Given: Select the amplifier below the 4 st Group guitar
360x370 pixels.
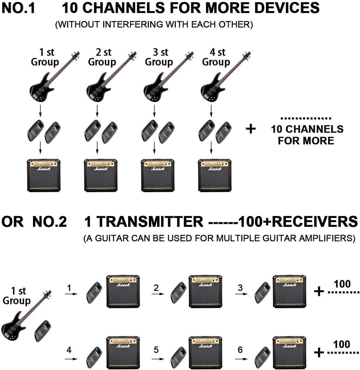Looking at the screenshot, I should [x=214, y=175].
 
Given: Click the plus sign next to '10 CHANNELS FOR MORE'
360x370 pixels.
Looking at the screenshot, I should [x=251, y=129].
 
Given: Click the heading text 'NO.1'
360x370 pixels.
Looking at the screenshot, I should [x=19, y=8].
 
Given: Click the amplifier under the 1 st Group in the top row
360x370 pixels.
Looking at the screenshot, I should [x=44, y=175].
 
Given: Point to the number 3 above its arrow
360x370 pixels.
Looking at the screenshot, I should [x=240, y=287].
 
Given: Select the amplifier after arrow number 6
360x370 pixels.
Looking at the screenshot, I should [x=289, y=354].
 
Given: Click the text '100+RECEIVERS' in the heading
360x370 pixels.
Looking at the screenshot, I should [x=298, y=222].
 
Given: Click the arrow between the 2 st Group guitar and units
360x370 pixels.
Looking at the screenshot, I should [x=97, y=110].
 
